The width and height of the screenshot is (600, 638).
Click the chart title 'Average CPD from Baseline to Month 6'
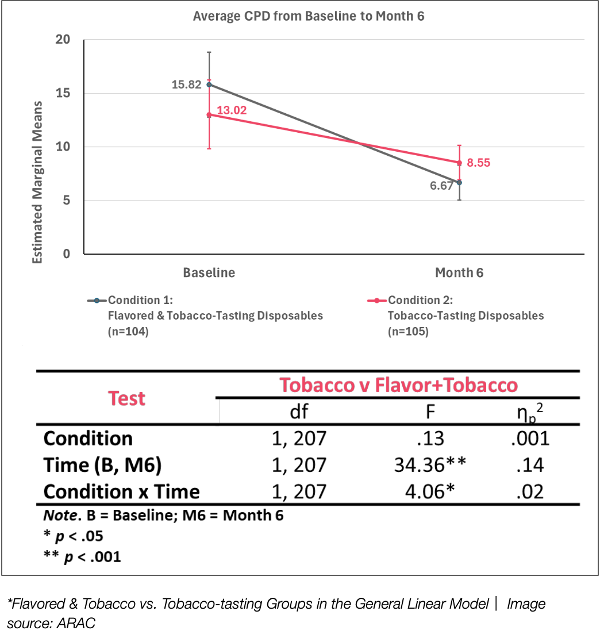click(309, 16)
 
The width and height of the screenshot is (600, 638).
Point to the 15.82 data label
click(186, 85)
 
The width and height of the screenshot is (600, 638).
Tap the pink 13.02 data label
click(232, 110)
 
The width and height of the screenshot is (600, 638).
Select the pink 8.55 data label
click(478, 163)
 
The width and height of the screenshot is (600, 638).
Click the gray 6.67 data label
click(442, 186)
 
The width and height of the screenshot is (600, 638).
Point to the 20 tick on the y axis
click(63, 40)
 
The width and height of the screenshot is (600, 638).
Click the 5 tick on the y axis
click(67, 201)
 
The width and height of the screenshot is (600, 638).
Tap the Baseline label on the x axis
click(209, 272)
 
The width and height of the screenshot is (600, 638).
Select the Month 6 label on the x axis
click(459, 272)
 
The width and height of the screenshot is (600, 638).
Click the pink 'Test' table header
click(126, 399)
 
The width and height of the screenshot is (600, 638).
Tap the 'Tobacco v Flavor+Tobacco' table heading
click(398, 385)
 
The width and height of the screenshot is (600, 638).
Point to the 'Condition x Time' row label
click(121, 491)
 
